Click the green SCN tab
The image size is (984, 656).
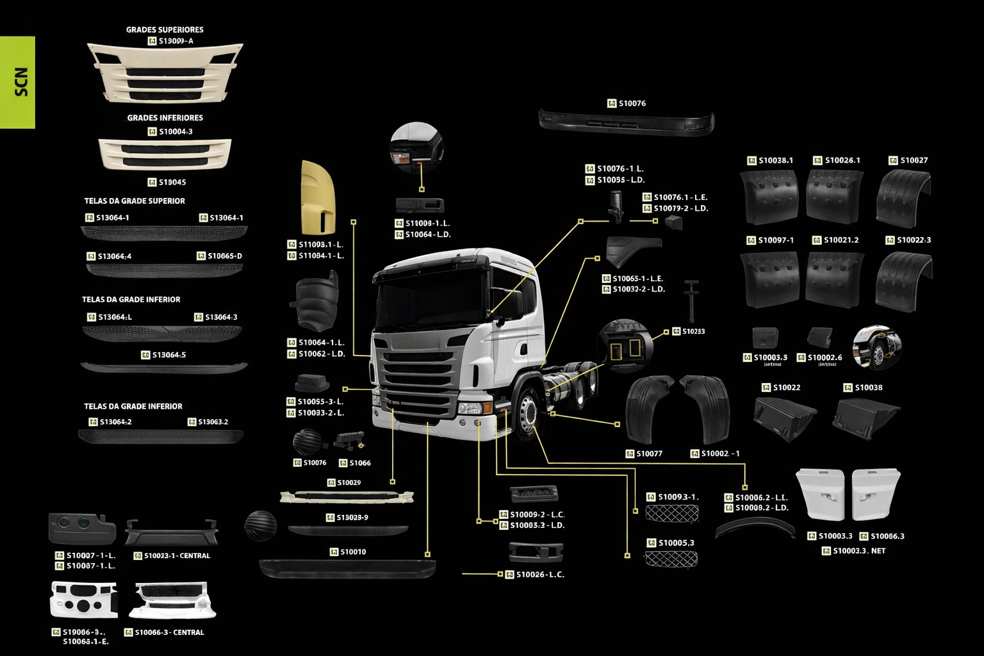[x=18, y=82]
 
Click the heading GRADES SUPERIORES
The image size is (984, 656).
[x=165, y=29]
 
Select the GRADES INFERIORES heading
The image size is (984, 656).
[x=165, y=118]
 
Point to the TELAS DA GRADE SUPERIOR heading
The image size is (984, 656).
[x=135, y=201]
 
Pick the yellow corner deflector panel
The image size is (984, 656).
[x=318, y=197]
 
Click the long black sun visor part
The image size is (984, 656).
[x=626, y=121]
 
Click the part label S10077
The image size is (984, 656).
[x=649, y=454]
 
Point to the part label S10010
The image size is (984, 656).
[x=352, y=552]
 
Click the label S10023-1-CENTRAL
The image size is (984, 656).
[x=177, y=555]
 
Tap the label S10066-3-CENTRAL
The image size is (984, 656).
[x=170, y=632]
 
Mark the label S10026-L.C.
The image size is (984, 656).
[x=540, y=575]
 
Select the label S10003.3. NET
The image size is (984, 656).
[x=858, y=551]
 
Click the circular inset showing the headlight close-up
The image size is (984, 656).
[x=416, y=147]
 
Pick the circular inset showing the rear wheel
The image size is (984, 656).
[x=877, y=348]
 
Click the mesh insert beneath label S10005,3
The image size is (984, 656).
[x=671, y=559]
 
